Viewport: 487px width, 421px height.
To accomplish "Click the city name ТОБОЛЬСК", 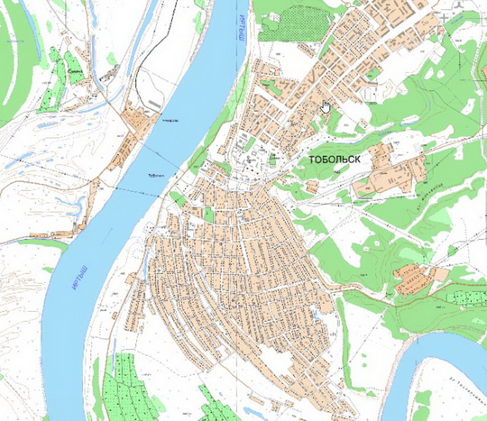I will (x=335, y=159).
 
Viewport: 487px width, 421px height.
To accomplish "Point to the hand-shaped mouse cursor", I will (x=325, y=107).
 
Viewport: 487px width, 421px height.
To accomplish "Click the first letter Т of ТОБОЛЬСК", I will (x=311, y=159).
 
